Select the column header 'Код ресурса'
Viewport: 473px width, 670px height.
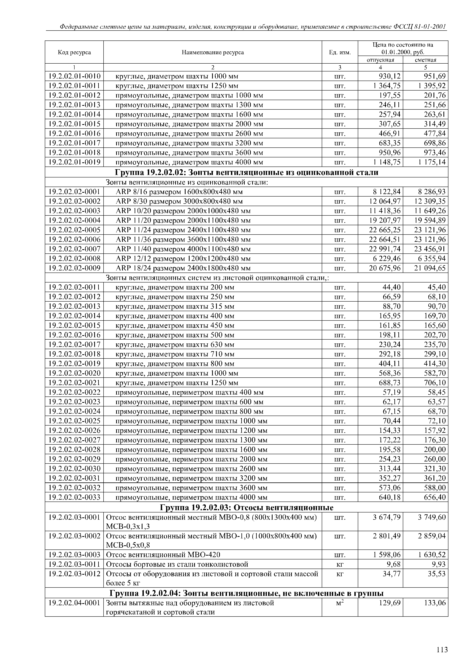click(74, 53)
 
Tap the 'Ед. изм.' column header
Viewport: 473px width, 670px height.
click(340, 53)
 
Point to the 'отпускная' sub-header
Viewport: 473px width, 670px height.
click(380, 60)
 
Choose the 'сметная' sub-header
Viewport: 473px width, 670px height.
click(426, 60)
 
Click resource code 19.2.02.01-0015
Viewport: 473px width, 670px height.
click(74, 124)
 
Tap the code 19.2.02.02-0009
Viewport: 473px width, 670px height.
click(74, 268)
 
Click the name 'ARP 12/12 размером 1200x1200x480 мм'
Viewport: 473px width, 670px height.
click(183, 259)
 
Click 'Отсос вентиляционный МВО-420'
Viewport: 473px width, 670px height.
click(163, 554)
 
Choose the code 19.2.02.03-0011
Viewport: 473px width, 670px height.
click(74, 564)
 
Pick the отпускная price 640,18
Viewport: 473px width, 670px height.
click(389, 497)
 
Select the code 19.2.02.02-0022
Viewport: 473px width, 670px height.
click(74, 392)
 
